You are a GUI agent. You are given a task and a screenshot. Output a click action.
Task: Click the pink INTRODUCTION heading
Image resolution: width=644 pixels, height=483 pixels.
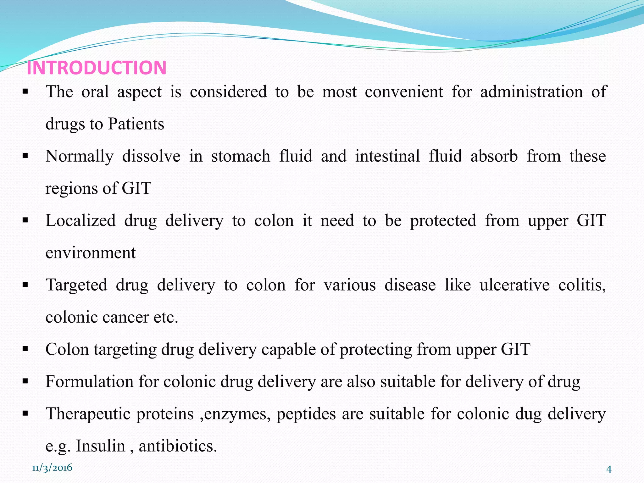[97, 68]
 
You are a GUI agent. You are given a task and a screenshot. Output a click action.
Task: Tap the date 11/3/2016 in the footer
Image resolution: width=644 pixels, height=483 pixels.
[52, 468]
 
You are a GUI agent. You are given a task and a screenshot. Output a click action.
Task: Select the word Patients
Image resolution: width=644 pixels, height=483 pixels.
[136, 124]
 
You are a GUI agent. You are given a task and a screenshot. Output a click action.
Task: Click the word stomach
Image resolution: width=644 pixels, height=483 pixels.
[241, 156]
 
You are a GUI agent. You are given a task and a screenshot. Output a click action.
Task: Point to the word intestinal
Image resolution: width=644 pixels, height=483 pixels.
[387, 156]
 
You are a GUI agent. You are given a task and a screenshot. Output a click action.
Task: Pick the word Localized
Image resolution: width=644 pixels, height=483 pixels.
[80, 220]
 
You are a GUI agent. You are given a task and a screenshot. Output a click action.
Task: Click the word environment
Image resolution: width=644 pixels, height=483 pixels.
[91, 253]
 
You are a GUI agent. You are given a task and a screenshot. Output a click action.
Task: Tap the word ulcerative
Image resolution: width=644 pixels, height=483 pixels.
[514, 285]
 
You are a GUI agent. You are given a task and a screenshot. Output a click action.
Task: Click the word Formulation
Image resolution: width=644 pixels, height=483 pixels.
[90, 382]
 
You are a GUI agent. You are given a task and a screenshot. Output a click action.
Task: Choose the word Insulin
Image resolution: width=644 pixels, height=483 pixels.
[101, 446]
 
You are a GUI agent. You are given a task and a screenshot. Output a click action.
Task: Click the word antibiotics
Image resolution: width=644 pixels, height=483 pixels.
[178, 446]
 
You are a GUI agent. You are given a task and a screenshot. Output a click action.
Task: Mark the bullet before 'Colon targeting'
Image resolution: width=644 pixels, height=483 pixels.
[25, 349]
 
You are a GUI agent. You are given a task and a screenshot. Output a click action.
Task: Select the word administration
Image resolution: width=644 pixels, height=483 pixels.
[531, 92]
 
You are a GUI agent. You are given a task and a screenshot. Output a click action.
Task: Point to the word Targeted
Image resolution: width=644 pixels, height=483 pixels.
[76, 285]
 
